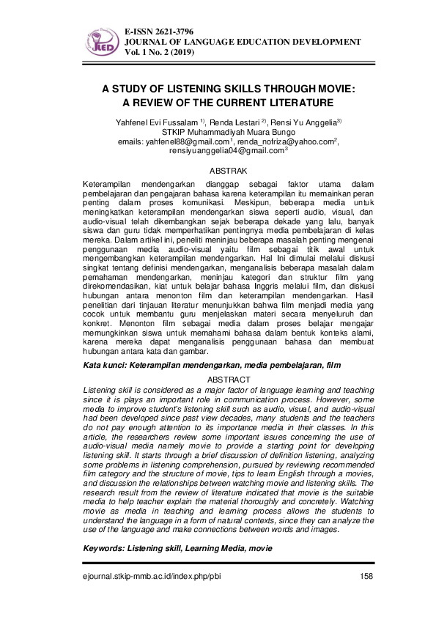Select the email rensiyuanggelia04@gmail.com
click(215, 151)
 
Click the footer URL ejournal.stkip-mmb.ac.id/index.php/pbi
click(151, 575)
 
